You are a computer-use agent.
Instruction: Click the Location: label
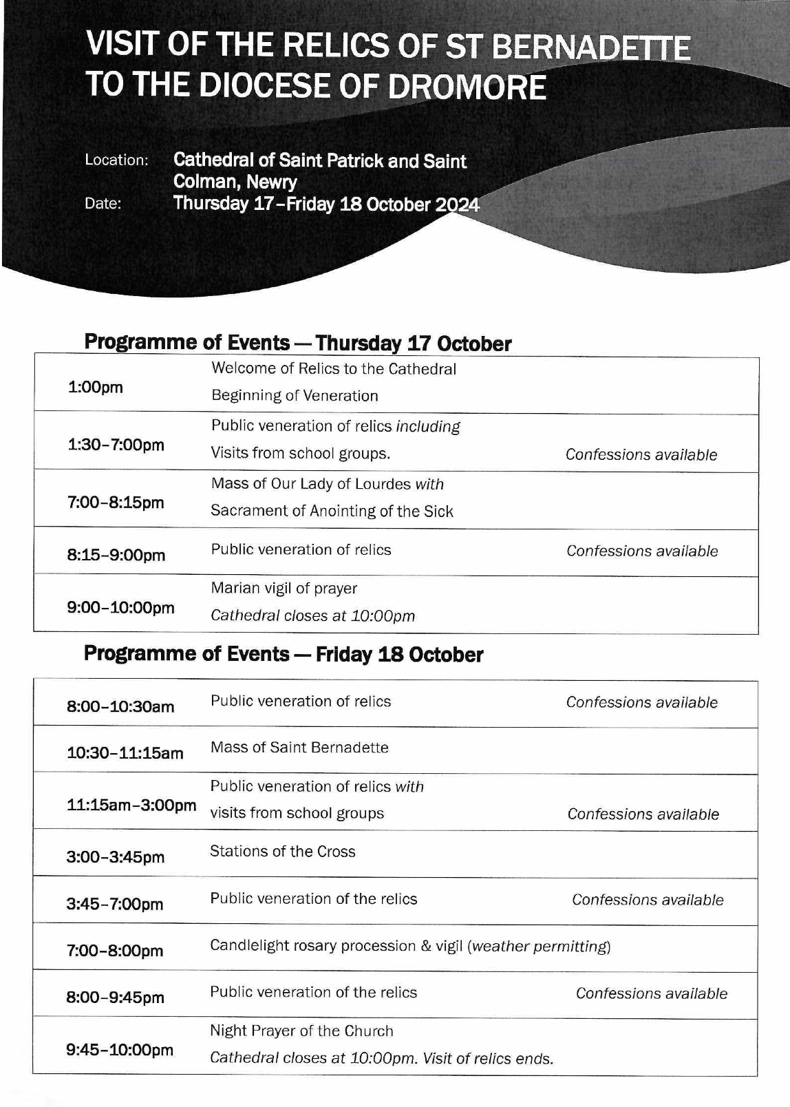116,160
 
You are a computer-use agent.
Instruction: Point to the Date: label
103,204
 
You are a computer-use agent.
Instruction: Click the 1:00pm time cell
95,388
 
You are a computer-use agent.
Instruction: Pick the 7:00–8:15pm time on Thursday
116,503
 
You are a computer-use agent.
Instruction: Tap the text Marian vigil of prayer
284,589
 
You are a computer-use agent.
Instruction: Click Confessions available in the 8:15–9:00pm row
642,551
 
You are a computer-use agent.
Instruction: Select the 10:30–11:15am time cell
125,753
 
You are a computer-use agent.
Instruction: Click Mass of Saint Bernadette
299,748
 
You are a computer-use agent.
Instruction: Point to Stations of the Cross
282,852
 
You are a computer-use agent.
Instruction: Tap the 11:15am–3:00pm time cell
131,805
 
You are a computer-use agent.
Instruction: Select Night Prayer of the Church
301,1031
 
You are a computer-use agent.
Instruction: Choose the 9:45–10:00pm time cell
120,1051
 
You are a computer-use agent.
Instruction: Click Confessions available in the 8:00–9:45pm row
651,993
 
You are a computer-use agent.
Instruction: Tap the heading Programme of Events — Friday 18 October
284,655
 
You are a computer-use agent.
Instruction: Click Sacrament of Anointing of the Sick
332,512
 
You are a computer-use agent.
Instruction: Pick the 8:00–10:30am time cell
120,707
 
